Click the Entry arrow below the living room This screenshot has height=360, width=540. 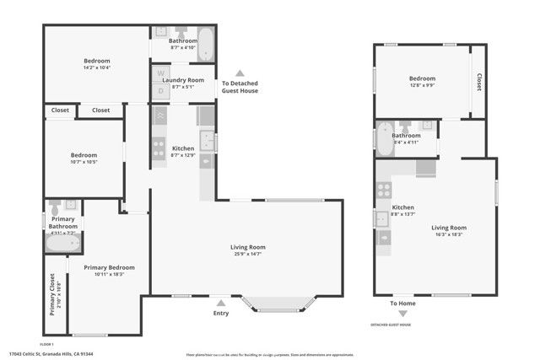220,303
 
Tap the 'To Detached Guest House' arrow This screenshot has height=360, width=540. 240,73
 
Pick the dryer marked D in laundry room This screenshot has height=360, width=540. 161,90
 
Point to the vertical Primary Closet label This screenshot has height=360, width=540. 52,293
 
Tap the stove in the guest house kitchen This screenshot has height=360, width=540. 384,191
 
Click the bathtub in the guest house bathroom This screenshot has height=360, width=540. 384,139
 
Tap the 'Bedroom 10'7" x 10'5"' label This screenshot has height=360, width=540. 84,159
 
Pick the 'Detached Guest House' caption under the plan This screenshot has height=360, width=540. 391,325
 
